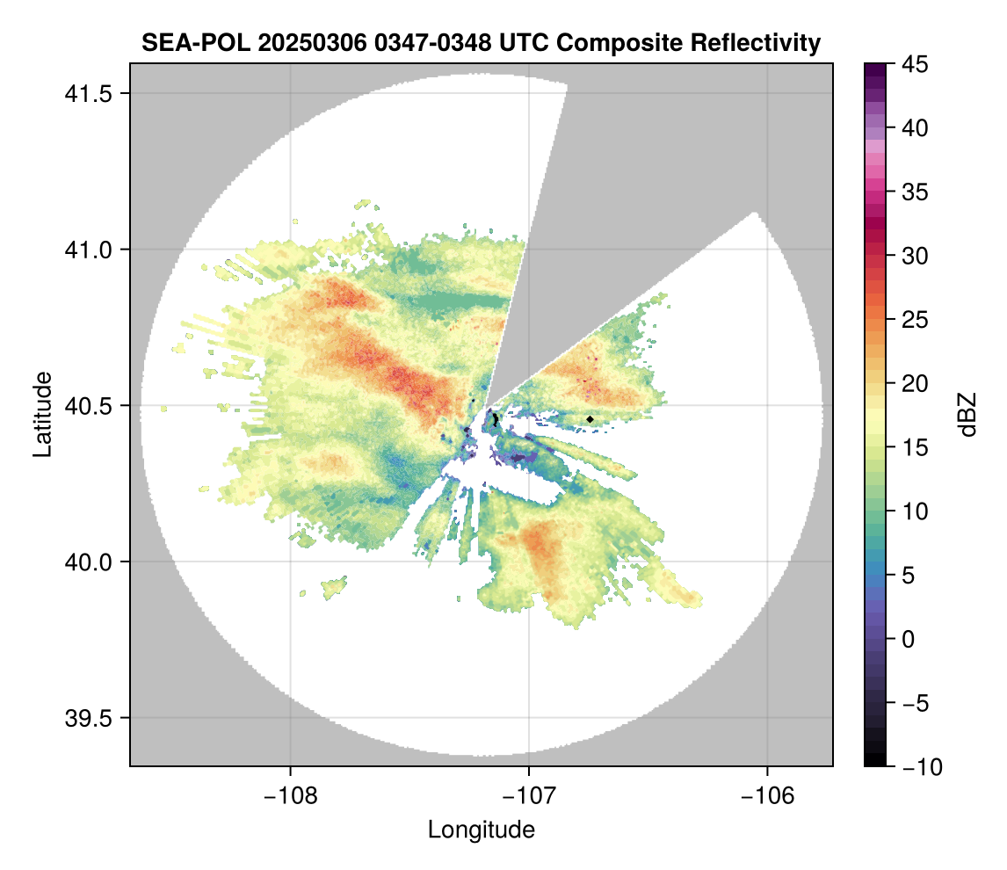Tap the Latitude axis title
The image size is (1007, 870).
click(x=41, y=414)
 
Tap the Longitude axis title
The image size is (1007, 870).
click(x=481, y=830)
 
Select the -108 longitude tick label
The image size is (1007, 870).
click(x=289, y=795)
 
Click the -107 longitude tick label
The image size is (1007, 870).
click(x=529, y=795)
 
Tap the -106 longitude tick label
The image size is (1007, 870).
click(x=768, y=795)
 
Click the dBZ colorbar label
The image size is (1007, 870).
click(x=967, y=414)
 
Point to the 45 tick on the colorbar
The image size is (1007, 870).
click(x=916, y=64)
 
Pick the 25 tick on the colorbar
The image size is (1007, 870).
click(x=916, y=320)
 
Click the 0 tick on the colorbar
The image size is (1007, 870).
click(x=911, y=639)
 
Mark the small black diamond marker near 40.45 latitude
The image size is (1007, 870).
click(x=590, y=420)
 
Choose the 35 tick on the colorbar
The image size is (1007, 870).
click(x=916, y=192)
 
